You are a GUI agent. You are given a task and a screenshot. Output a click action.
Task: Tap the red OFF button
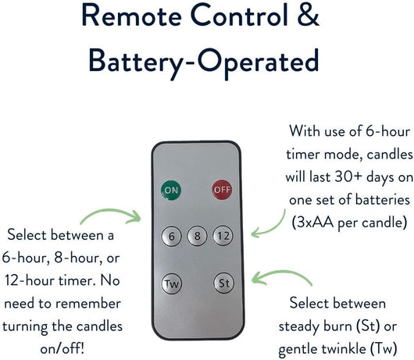point(222,190)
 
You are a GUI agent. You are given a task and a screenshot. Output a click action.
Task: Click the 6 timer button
point(171,236)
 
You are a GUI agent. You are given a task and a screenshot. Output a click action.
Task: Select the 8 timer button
point(197,236)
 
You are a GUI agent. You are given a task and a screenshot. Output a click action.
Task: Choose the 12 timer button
point(223,236)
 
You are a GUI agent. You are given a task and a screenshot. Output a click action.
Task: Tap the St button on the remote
point(224,283)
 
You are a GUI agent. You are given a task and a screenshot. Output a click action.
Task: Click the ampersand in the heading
point(308,15)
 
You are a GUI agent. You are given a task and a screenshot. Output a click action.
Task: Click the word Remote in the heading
point(131,15)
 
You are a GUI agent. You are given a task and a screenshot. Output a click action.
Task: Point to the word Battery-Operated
point(204,62)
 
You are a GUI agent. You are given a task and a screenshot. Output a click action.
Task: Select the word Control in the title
point(239,15)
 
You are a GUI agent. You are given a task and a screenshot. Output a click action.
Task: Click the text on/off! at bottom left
point(62,349)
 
